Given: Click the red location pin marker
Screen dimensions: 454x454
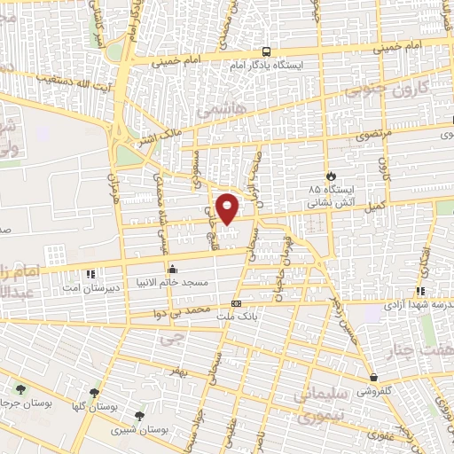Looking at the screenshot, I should (x=229, y=207).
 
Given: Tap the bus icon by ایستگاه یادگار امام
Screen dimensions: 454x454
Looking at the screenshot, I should (x=267, y=51).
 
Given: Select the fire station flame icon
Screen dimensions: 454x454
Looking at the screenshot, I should (x=331, y=176).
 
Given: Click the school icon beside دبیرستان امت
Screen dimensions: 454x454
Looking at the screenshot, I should (x=91, y=275).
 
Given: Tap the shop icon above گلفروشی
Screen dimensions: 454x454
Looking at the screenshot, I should (x=373, y=376).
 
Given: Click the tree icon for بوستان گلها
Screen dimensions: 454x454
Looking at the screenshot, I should (x=94, y=392).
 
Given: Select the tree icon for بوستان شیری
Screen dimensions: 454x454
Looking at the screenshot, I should (x=138, y=415).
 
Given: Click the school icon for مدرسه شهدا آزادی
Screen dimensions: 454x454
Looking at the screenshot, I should (x=420, y=291).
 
